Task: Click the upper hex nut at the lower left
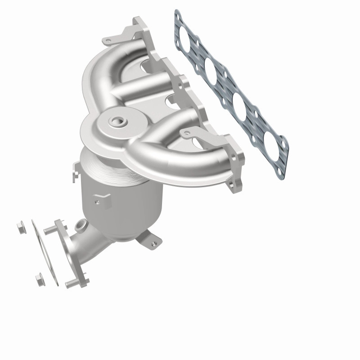[19, 225]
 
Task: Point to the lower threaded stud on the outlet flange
[72, 284]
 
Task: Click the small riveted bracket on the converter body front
[103, 197]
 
